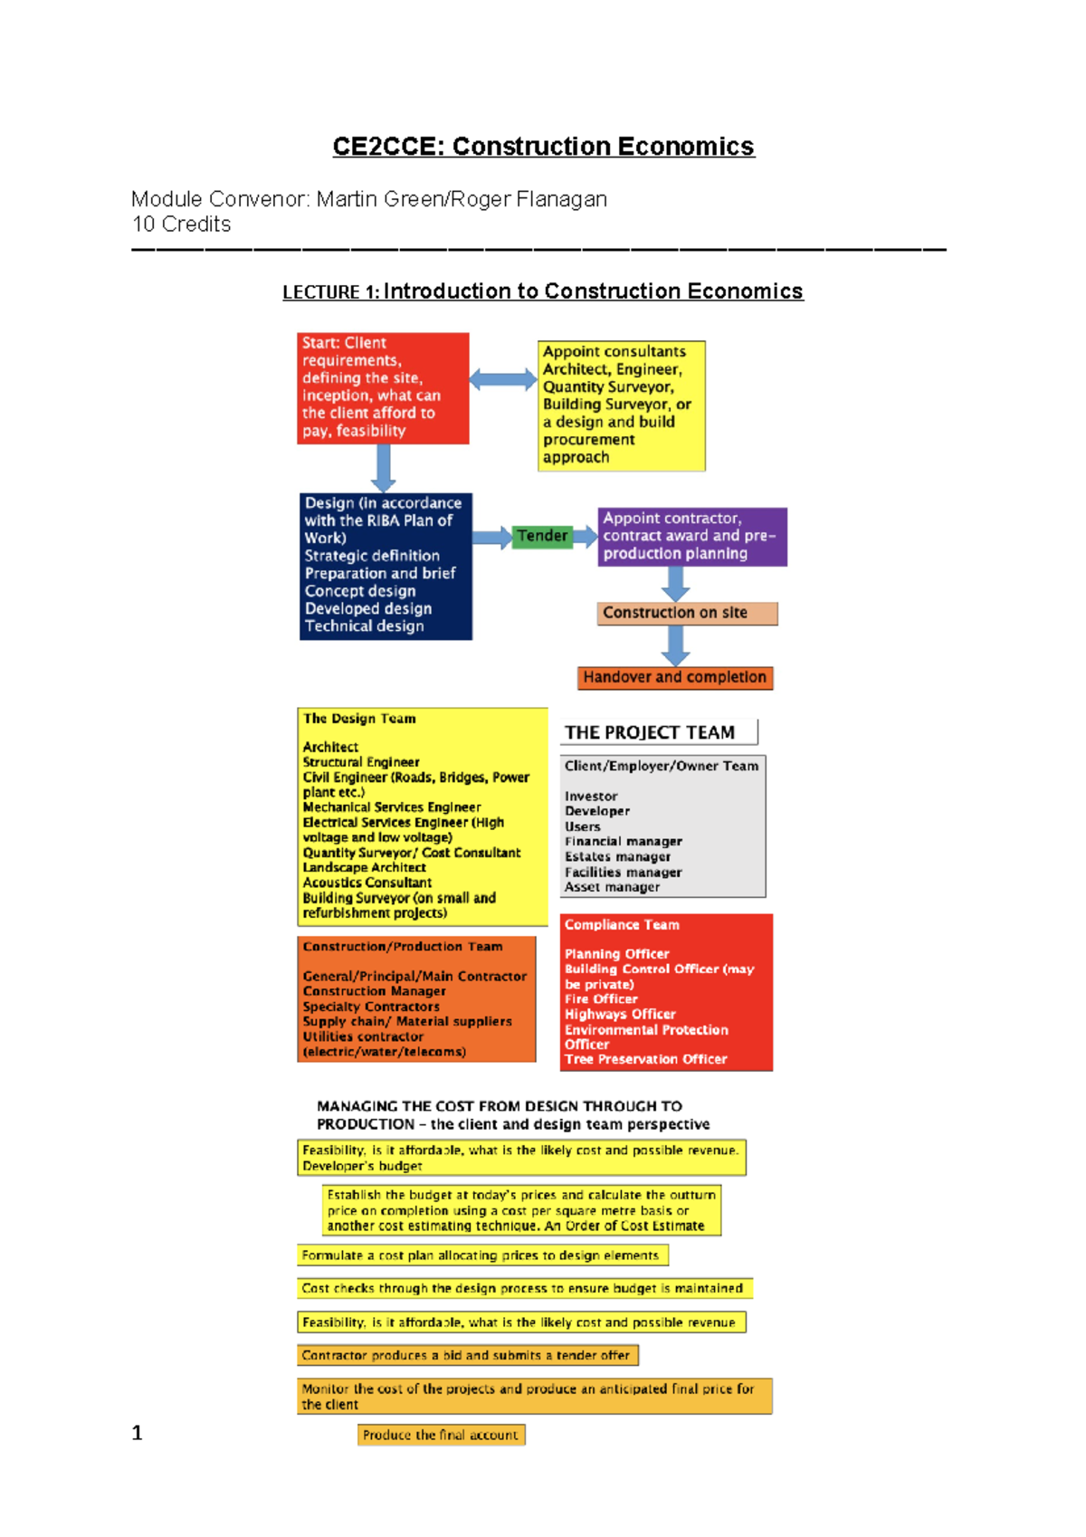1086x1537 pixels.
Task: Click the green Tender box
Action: tap(542, 536)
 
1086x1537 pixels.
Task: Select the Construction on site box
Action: tap(687, 613)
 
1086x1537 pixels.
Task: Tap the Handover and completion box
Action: tap(675, 677)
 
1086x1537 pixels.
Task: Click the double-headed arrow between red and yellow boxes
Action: tap(503, 379)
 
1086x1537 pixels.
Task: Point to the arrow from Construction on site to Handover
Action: tap(675, 645)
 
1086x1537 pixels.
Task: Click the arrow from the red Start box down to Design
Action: tap(384, 468)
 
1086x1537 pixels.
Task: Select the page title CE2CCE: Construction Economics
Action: tap(543, 147)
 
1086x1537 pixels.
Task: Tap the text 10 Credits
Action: tap(182, 224)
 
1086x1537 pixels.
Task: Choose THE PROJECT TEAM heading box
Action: tap(658, 732)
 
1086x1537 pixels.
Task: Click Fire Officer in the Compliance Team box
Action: tap(601, 999)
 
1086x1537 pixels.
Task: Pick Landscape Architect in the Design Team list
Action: tap(364, 867)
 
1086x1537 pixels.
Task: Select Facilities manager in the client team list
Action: tap(623, 873)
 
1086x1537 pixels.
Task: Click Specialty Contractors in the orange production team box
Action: tap(371, 1007)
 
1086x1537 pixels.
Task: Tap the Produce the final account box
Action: tap(441, 1435)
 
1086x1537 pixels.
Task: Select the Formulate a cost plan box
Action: tap(482, 1255)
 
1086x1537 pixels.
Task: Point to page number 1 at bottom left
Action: tap(138, 1433)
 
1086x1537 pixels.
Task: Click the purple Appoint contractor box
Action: tap(691, 537)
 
